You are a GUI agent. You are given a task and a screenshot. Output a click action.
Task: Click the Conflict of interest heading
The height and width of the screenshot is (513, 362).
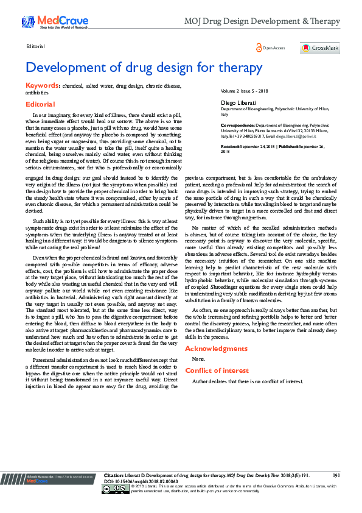click(x=217, y=370)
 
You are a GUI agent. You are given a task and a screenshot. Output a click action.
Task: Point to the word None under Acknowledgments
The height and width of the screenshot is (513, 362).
click(x=198, y=359)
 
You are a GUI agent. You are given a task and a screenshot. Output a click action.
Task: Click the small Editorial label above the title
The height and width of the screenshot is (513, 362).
click(x=35, y=46)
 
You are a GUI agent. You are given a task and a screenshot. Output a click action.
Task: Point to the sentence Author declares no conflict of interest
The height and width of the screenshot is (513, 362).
click(x=247, y=381)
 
